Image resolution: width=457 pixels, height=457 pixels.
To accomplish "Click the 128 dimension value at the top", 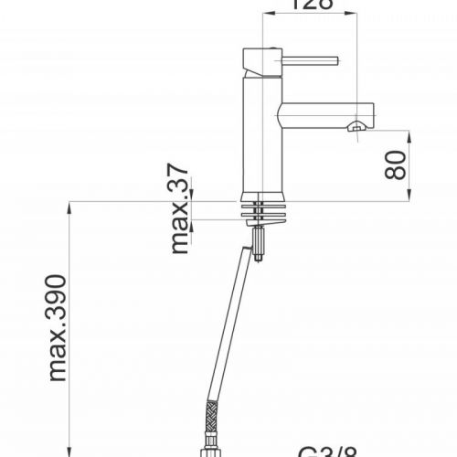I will tap(313, 5).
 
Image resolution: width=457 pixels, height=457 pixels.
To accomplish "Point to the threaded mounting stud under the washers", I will tap(260, 244).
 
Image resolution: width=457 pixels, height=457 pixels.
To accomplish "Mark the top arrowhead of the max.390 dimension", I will tap(69, 208).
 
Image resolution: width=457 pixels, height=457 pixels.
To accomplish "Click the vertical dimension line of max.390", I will tap(69, 329).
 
